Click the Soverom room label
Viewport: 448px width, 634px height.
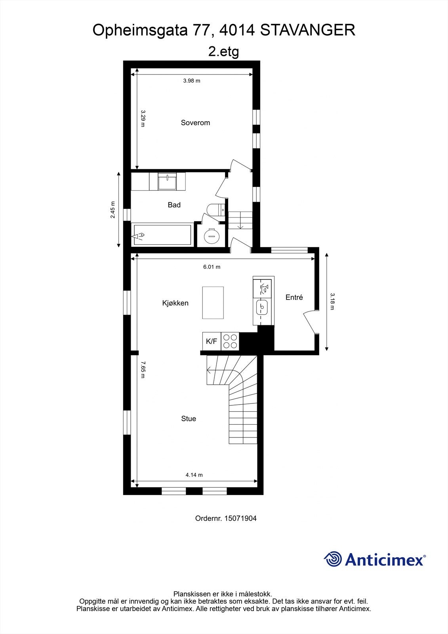[x=195, y=123]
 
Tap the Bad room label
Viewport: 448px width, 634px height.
[x=174, y=205]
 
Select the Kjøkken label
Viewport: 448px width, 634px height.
[x=175, y=303]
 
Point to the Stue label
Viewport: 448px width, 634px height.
[x=189, y=419]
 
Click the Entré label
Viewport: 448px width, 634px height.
[x=294, y=297]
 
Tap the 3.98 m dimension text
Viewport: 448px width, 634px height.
[x=192, y=81]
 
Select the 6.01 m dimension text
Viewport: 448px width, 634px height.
[x=212, y=267]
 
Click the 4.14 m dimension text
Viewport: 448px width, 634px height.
[x=194, y=475]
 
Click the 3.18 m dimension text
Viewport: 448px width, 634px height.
[x=332, y=301]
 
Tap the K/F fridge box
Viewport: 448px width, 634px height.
[x=212, y=341]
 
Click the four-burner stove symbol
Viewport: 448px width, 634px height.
[x=230, y=341]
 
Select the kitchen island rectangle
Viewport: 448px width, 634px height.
[x=213, y=302]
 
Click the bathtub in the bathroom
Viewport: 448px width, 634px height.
[x=163, y=235]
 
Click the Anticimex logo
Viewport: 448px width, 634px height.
[x=375, y=560]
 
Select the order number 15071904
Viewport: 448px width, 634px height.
[x=226, y=518]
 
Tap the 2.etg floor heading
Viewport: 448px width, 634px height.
[x=224, y=52]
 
